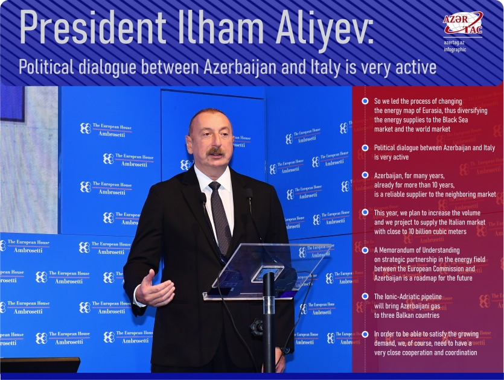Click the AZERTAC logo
[x=463, y=24]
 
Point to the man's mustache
[x=215, y=151]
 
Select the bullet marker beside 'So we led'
[x=365, y=101]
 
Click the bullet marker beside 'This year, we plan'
[x=365, y=213]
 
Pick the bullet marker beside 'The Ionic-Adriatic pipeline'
[x=365, y=296]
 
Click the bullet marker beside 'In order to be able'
[x=365, y=334]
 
